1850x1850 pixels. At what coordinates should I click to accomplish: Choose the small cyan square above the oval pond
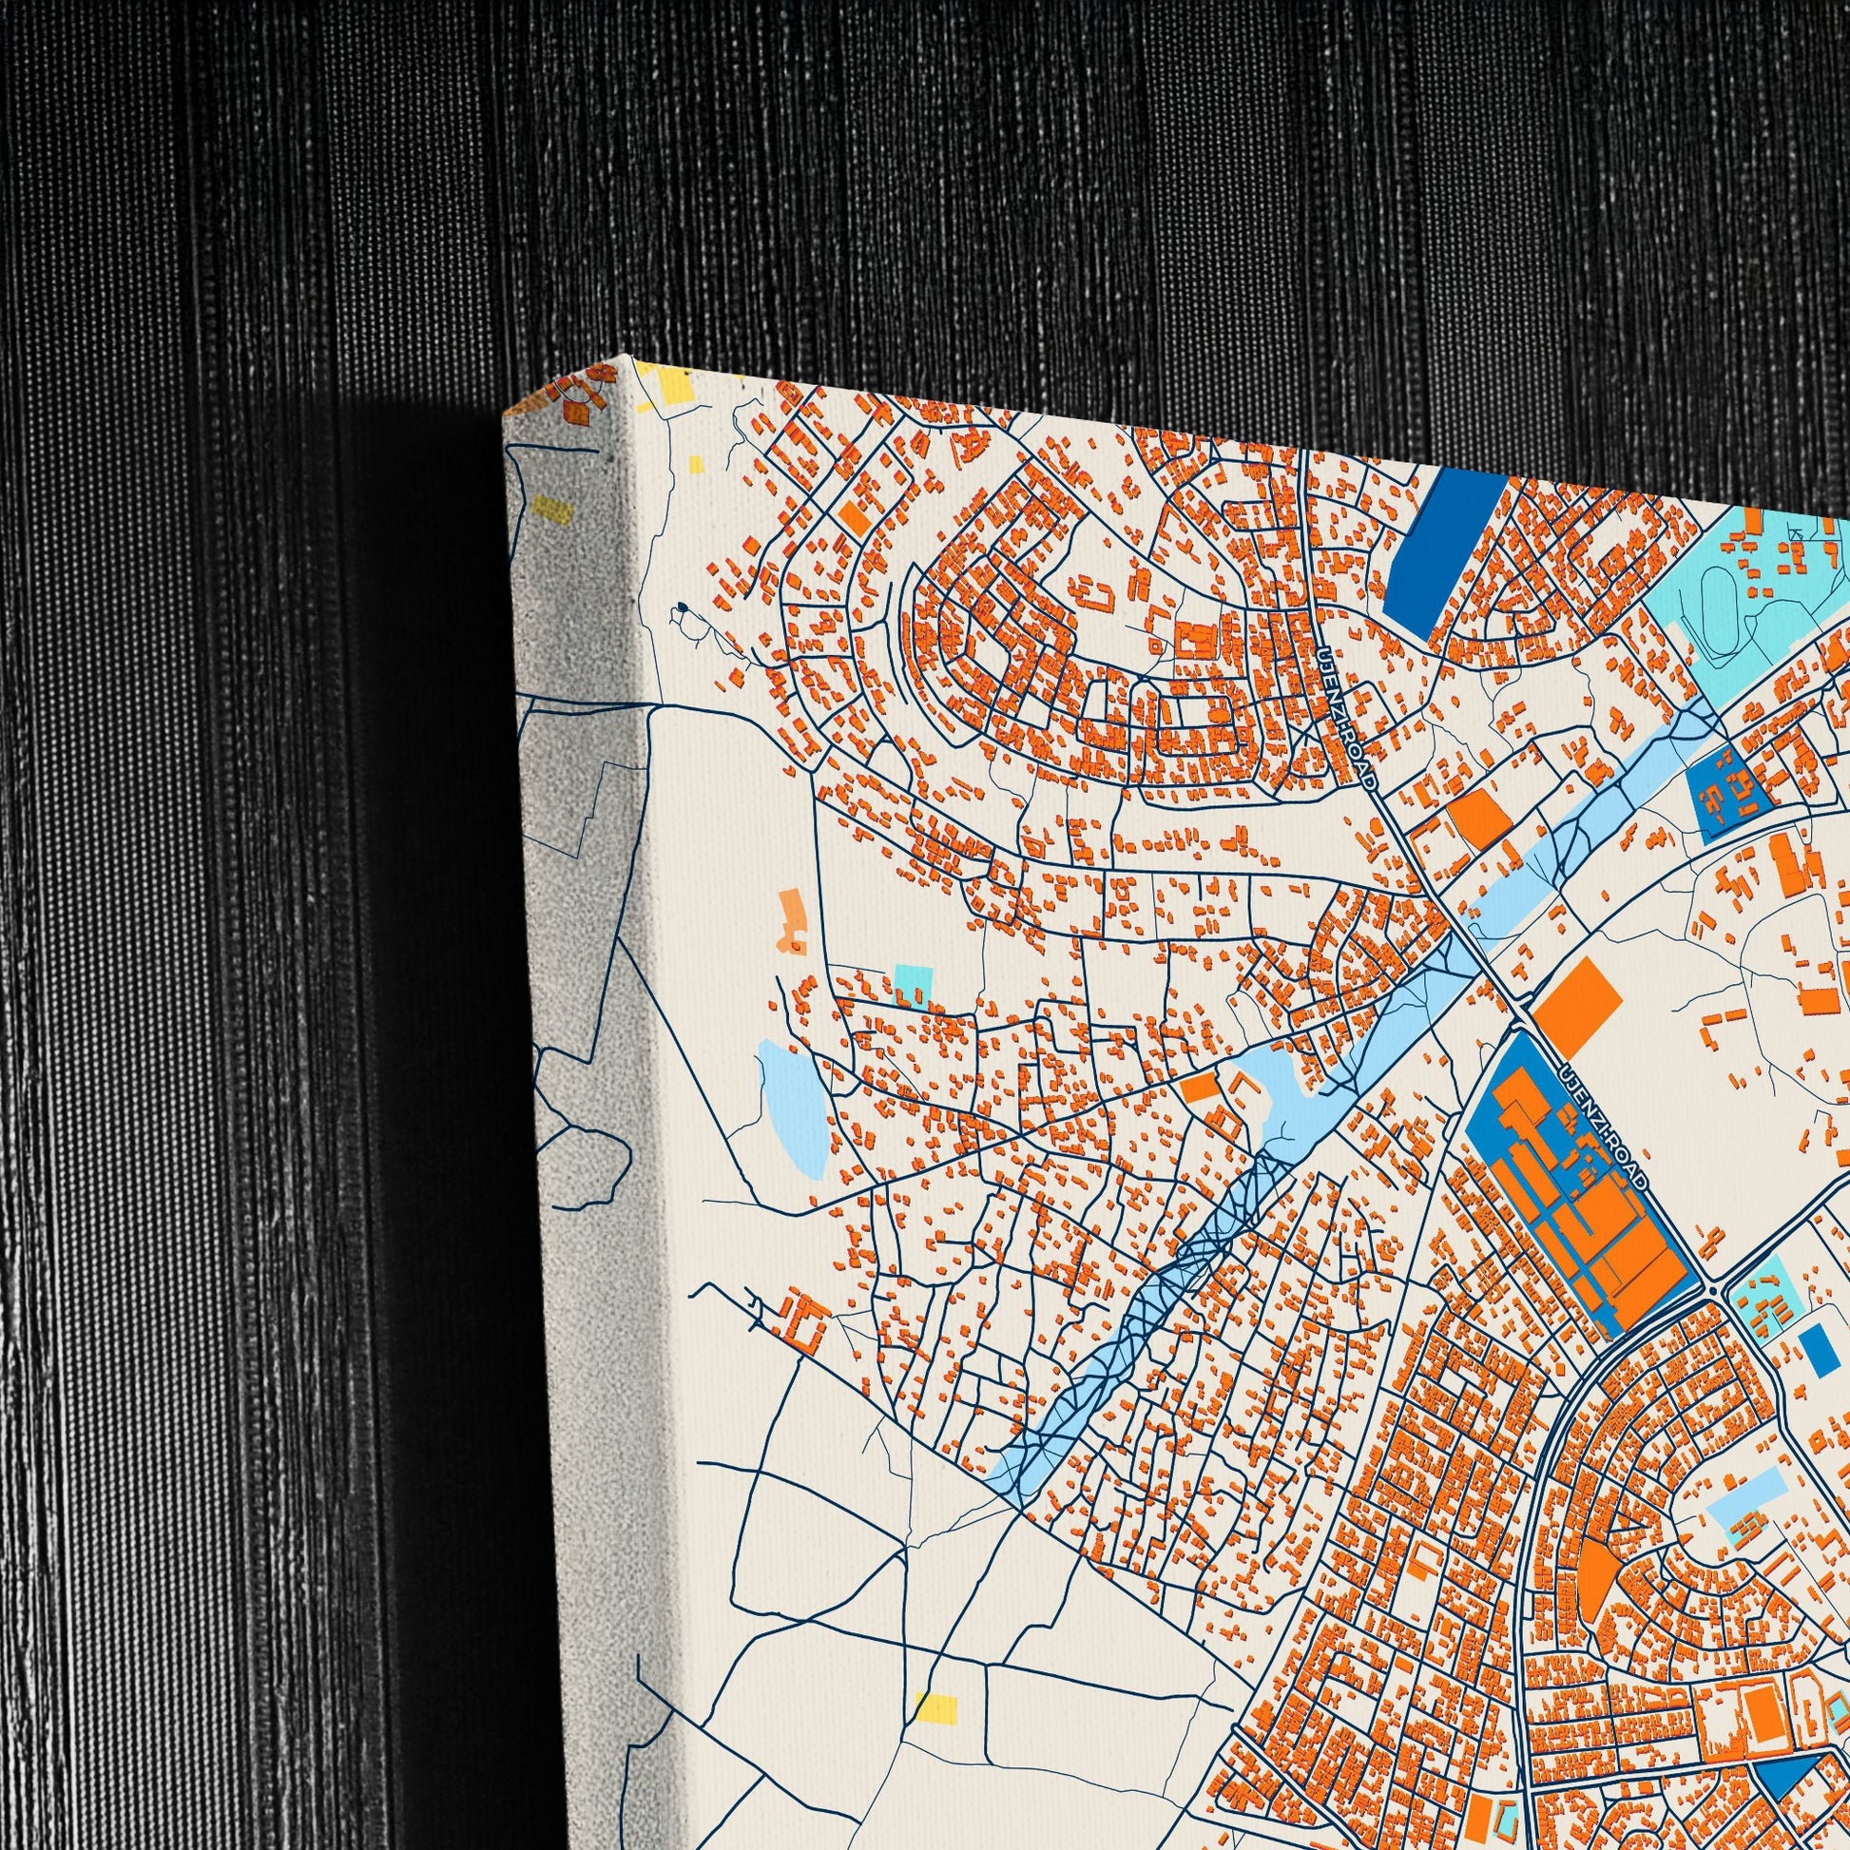913,984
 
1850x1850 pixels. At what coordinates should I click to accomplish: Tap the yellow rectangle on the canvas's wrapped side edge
552,510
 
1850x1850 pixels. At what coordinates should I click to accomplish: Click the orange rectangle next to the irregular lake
1196,1088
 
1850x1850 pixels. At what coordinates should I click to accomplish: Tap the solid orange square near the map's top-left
855,519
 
